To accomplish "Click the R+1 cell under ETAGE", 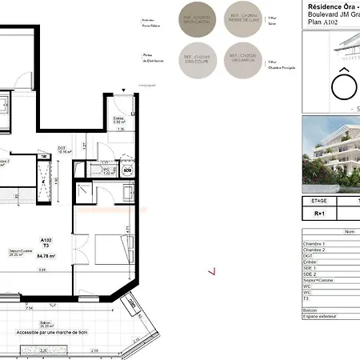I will [318, 214].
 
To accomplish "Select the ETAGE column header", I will [318, 201].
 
